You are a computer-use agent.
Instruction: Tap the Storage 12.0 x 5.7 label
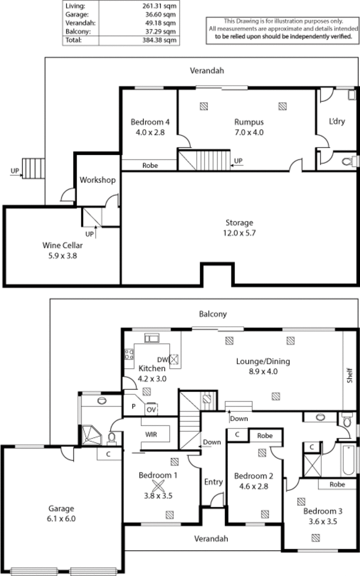239,233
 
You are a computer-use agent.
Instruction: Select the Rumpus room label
248,122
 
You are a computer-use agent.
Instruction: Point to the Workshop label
98,180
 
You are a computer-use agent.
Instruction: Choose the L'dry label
337,121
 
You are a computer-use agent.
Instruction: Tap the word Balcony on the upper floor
213,314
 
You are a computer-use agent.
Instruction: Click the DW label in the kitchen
162,359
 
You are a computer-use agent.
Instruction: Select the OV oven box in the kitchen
150,410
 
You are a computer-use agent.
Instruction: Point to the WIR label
150,435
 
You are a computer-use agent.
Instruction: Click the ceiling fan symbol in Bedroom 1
158,486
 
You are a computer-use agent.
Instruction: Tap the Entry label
213,482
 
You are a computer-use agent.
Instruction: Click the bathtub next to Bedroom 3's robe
349,460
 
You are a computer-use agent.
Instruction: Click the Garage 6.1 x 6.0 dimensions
62,518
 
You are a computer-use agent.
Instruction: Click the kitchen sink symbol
150,338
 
